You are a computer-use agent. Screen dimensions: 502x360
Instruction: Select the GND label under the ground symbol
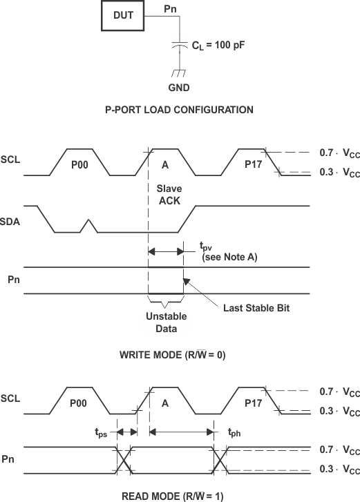(179, 88)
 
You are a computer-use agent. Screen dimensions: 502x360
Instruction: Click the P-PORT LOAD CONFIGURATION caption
(179, 110)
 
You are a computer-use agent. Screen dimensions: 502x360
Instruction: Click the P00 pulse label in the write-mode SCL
(81, 165)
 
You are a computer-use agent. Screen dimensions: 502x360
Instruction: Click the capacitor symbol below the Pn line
(179, 45)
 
